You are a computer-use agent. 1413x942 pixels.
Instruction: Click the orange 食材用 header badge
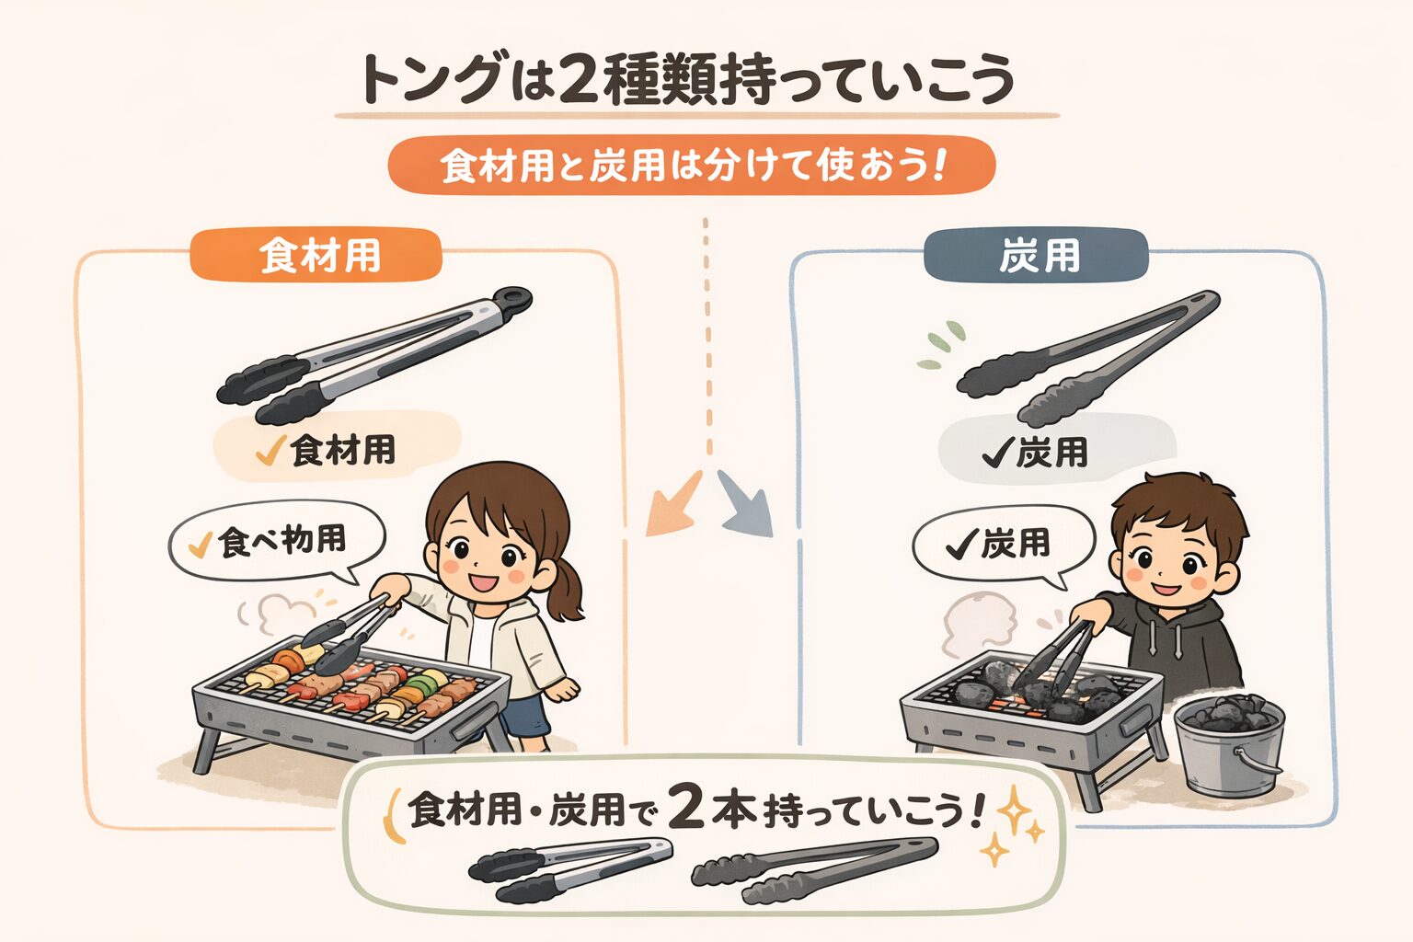pos(316,254)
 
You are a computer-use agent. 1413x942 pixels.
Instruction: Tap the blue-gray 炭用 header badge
pos(1035,255)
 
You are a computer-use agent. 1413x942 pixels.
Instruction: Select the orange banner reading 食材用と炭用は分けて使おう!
pos(692,165)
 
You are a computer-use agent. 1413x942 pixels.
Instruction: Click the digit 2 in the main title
pos(578,80)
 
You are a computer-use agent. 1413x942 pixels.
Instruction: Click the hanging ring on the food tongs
pos(512,298)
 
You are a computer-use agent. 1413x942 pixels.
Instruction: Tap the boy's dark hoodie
pos(1172,644)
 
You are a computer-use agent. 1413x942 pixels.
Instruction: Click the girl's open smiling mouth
pos(484,581)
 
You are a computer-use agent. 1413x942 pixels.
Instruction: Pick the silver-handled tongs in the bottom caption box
pos(571,868)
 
